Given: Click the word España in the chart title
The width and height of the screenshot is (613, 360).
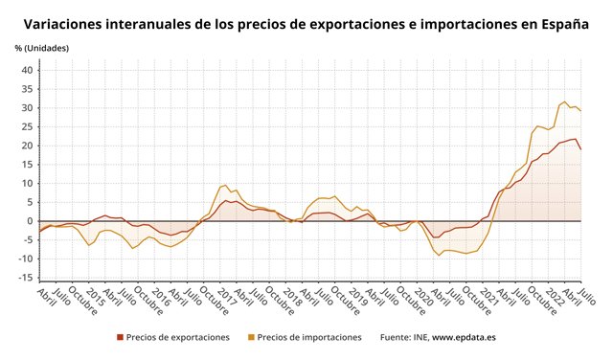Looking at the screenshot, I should (562, 24).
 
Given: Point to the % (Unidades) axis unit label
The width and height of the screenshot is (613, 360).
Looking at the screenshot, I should (42, 48).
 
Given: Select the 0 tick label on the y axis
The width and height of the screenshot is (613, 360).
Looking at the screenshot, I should (31, 221).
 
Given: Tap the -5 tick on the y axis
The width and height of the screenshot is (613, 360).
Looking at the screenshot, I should (28, 240).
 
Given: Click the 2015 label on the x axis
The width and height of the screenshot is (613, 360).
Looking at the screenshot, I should (96, 295).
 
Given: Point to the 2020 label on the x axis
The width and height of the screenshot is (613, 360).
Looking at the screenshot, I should (424, 295).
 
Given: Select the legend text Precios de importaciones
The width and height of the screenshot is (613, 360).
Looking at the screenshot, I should (309, 337).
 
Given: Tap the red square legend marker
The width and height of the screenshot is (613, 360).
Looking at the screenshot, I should (120, 337).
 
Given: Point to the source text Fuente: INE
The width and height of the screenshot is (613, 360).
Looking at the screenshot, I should (403, 337).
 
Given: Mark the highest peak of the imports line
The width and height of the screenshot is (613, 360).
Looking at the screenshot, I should (565, 101).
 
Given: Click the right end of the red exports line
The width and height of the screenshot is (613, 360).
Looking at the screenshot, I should (580, 148).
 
